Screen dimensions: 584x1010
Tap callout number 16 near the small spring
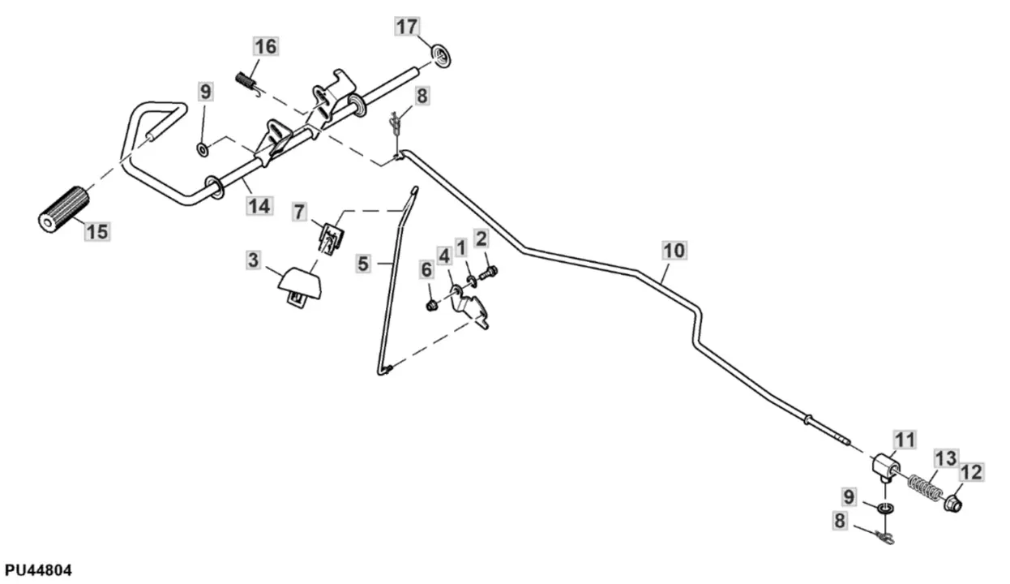pos(265,47)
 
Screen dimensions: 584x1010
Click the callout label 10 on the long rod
pos(674,250)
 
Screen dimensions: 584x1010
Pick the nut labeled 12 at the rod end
pos(954,503)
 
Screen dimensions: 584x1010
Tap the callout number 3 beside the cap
pos(254,261)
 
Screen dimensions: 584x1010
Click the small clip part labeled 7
pos(329,236)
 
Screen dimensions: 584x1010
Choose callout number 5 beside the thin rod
pos(363,264)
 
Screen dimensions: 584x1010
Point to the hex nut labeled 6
pos(432,305)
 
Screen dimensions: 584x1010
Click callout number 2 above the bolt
pos(481,238)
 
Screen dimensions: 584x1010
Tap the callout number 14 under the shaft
pos(259,206)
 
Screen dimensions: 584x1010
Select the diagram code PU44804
pos(38,571)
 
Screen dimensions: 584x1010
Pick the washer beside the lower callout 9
pos(887,508)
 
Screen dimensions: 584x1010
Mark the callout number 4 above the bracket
pos(443,256)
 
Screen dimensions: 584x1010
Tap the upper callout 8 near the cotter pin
pos(422,96)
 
